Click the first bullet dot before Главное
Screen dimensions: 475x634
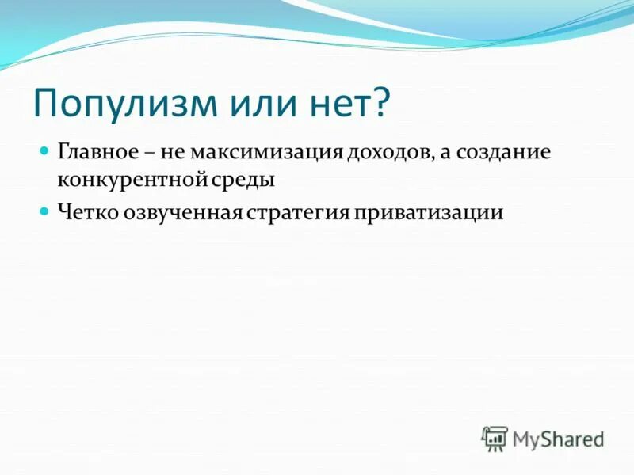(45, 150)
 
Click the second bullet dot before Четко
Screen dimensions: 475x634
(45, 211)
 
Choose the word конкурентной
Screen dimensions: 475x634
(131, 180)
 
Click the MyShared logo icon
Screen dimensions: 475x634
(495, 438)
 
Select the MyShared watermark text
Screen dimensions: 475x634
(558, 438)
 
